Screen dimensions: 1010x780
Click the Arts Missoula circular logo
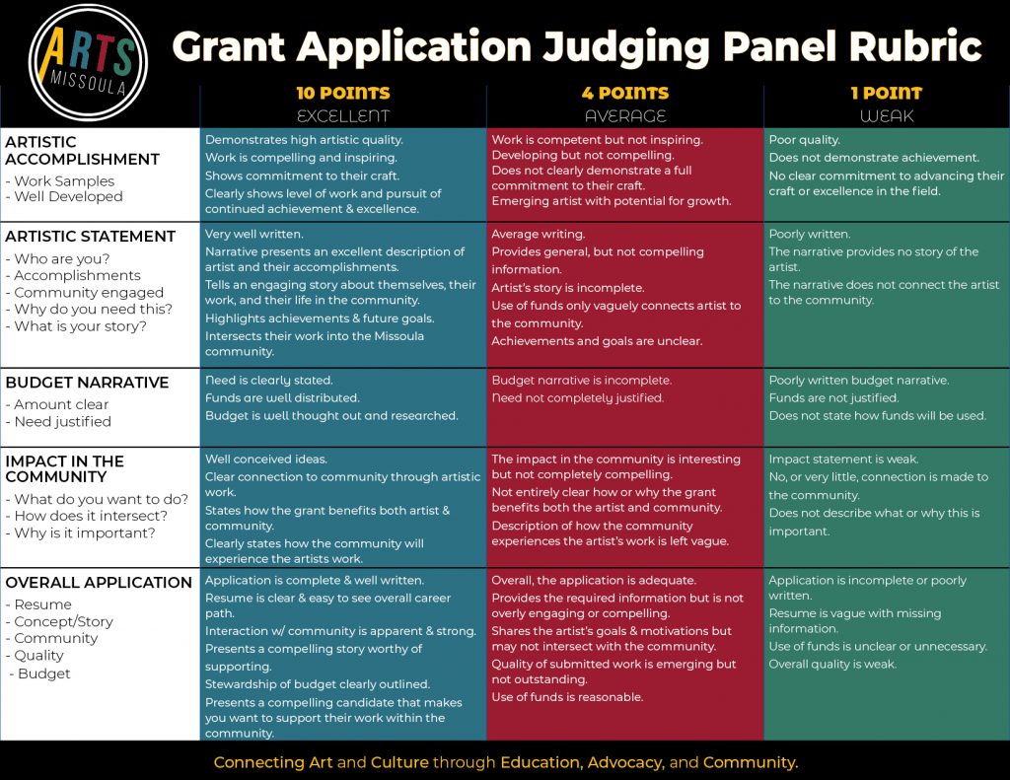[88, 62]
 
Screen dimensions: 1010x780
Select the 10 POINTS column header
[342, 93]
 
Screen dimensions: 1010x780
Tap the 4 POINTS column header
[624, 93]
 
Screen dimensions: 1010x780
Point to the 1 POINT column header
[887, 93]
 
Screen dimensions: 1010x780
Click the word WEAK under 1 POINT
[887, 116]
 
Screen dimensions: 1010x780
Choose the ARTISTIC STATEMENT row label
[90, 237]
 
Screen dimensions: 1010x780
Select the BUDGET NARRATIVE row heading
[87, 383]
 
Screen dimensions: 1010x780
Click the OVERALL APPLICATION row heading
[99, 582]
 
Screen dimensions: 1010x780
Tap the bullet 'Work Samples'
[60, 181]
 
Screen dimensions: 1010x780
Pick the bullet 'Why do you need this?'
[89, 310]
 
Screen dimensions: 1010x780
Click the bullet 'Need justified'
[58, 422]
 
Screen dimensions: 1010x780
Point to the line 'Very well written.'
[253, 234]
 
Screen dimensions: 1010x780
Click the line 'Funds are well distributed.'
[282, 398]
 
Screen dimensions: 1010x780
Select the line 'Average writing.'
[538, 234]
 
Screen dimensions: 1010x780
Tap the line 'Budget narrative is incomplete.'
[581, 380]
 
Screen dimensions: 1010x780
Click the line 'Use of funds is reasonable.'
[567, 697]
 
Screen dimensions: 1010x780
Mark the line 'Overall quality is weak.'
[832, 664]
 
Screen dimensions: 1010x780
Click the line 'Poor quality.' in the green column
[804, 140]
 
